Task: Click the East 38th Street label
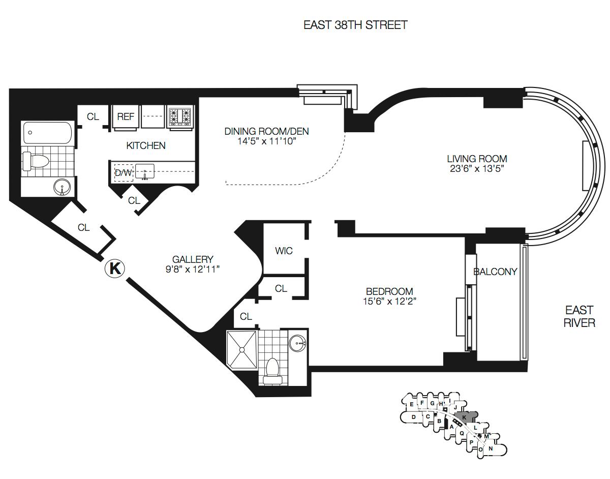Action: (x=355, y=25)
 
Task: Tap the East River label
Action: (x=579, y=316)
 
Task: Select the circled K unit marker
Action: (x=115, y=268)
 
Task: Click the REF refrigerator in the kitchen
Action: (x=126, y=117)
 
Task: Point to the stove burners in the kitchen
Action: (x=180, y=116)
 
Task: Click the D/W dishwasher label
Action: (x=124, y=173)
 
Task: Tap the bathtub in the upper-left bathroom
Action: (x=48, y=133)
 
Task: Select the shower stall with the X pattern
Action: (x=241, y=349)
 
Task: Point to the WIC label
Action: (x=284, y=251)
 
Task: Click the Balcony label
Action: (x=495, y=272)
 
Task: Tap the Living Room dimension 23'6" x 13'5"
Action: (x=476, y=169)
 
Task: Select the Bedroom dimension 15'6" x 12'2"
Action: (x=389, y=302)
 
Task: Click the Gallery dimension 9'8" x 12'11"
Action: (x=192, y=270)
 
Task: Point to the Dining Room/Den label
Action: (x=267, y=131)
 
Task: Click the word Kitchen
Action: (x=146, y=145)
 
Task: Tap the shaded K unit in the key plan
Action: (x=464, y=417)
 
